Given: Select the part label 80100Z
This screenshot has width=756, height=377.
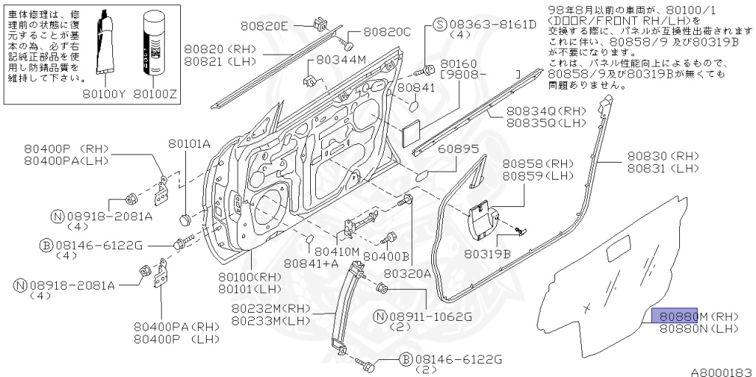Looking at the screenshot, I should (x=157, y=94).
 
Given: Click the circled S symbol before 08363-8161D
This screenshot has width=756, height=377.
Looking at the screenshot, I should (x=439, y=24).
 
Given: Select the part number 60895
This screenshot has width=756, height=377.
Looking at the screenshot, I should (x=458, y=149).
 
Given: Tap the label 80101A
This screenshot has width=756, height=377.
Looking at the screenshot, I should (x=189, y=143).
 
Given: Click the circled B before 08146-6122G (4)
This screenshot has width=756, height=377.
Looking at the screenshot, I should (x=46, y=245).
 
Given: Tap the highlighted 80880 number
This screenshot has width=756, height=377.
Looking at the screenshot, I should (x=675, y=316).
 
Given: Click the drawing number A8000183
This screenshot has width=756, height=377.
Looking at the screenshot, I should (x=721, y=370).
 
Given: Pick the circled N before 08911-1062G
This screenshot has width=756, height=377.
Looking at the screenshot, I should (x=380, y=316).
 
